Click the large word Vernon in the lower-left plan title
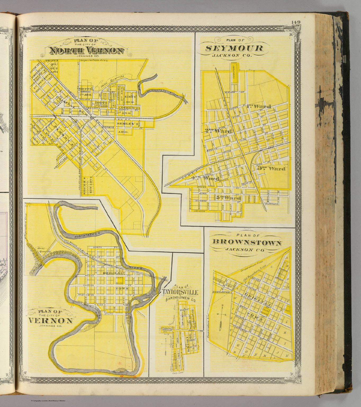(50, 321)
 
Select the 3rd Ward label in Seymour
(272, 169)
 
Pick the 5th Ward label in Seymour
(228, 198)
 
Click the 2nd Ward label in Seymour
(219, 131)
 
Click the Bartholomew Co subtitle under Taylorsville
(180, 300)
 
